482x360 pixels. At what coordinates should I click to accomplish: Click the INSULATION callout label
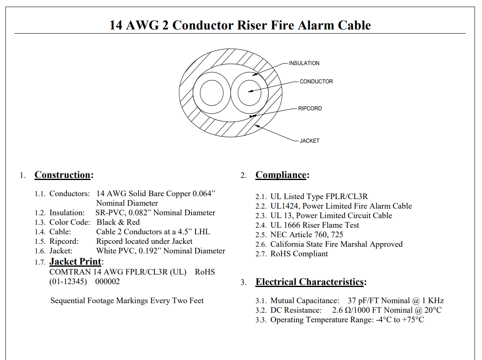pyautogui.click(x=304, y=63)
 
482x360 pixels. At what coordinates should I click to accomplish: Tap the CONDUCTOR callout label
pyautogui.click(x=316, y=81)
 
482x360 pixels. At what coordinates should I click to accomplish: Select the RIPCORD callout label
pyautogui.click(x=310, y=108)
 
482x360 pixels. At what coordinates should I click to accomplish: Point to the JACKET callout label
pyautogui.click(x=310, y=141)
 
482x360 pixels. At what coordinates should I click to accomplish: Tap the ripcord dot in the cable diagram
pyautogui.click(x=251, y=116)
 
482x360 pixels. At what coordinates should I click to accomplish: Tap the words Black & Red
pyautogui.click(x=118, y=222)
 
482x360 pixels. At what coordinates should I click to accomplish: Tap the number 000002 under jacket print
pyautogui.click(x=107, y=281)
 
